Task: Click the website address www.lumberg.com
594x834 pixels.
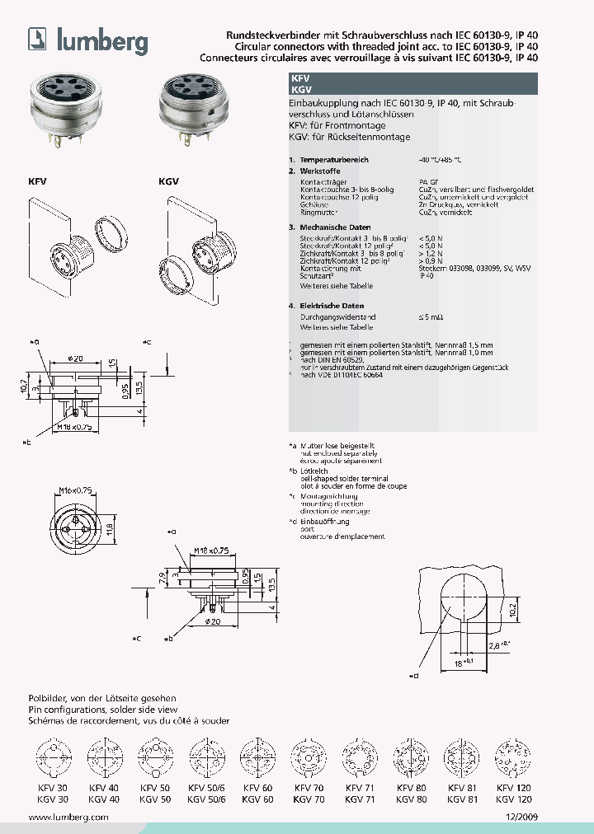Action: click(68, 817)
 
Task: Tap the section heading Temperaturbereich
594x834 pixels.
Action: click(334, 159)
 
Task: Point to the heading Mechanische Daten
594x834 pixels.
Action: click(335, 227)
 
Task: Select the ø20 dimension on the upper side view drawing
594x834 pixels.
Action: click(73, 359)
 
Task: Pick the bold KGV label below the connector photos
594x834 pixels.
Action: click(167, 180)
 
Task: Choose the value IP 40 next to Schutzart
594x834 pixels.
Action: click(426, 276)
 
